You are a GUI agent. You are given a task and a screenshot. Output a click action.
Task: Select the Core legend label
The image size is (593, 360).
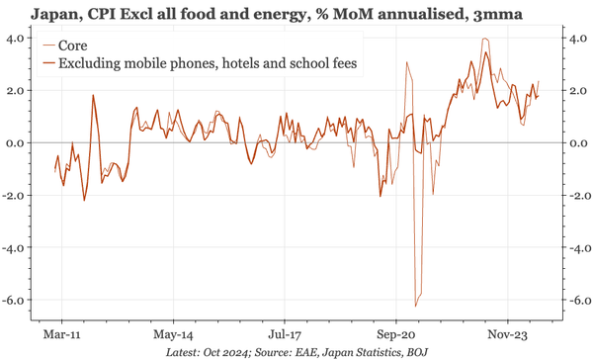pyautogui.click(x=75, y=45)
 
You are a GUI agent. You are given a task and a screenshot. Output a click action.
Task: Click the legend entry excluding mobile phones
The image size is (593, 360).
pyautogui.click(x=208, y=63)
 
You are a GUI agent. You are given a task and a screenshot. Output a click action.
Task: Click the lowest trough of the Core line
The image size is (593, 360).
pyautogui.click(x=416, y=305)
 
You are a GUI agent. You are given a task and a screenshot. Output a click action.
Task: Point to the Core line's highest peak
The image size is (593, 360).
pyautogui.click(x=484, y=40)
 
